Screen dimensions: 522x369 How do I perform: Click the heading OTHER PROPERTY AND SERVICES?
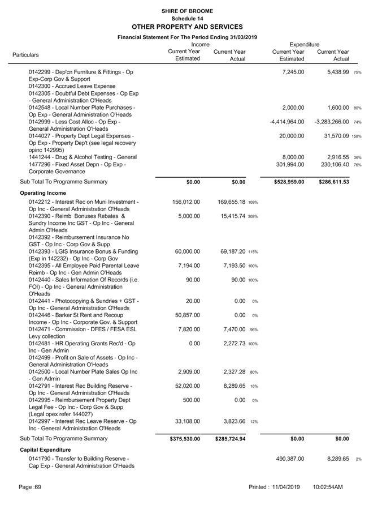click(x=186, y=27)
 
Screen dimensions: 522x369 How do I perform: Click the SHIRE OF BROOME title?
click(x=186, y=11)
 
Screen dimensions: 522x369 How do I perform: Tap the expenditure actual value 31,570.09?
click(x=333, y=136)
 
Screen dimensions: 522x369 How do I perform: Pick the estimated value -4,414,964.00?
click(x=287, y=122)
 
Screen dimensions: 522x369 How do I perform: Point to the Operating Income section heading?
click(x=44, y=192)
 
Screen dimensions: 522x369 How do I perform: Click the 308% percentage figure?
click(x=253, y=217)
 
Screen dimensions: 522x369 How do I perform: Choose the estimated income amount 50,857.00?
click(x=186, y=315)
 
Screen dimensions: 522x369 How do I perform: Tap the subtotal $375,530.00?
click(x=185, y=439)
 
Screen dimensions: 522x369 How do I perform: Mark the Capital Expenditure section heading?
click(x=47, y=450)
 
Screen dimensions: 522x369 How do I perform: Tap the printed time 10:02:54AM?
click(x=328, y=487)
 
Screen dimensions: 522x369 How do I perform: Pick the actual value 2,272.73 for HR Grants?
click(x=231, y=344)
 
